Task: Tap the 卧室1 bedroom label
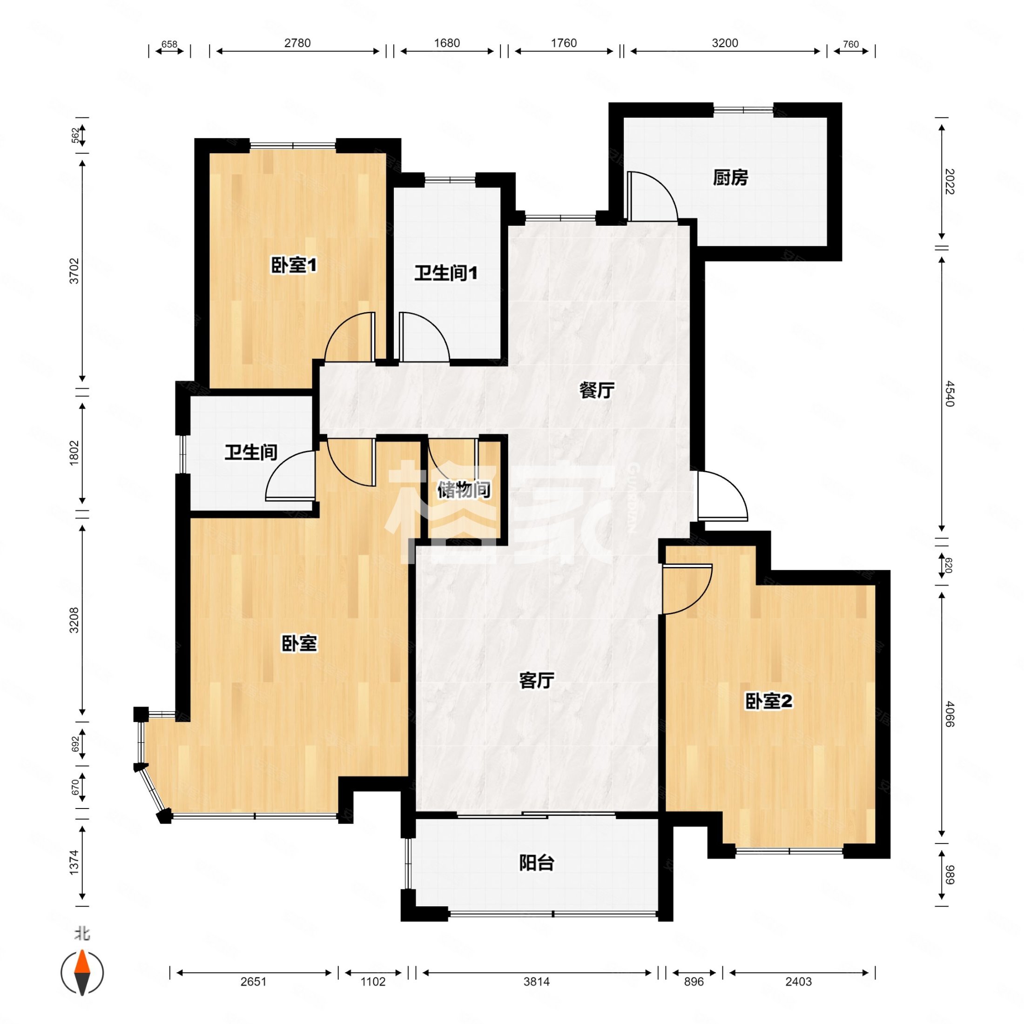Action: click(294, 265)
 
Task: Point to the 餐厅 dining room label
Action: click(597, 391)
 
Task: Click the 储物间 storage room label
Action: click(463, 490)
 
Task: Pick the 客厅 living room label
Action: click(536, 680)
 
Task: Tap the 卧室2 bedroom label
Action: click(768, 701)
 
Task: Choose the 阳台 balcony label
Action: click(536, 863)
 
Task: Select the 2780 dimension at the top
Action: click(297, 43)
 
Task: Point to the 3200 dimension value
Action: click(725, 43)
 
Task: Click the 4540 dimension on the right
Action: click(949, 393)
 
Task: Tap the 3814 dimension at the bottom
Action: click(536, 982)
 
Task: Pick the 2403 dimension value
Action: click(798, 982)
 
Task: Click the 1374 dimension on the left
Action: click(74, 862)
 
